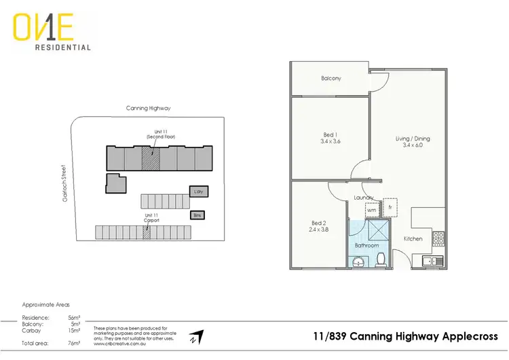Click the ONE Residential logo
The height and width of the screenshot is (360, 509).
click(x=52, y=33)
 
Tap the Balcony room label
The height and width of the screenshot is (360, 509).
click(x=331, y=79)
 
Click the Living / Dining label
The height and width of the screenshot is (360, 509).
click(x=413, y=139)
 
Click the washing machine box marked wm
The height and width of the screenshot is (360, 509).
click(x=371, y=211)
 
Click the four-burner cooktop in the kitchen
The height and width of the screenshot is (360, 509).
click(x=438, y=238)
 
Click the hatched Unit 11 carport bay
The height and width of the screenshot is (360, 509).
click(x=146, y=232)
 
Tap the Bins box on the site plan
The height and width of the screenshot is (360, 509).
click(x=197, y=215)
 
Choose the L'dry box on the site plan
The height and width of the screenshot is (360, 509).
click(x=198, y=192)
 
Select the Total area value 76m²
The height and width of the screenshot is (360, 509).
click(x=73, y=344)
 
